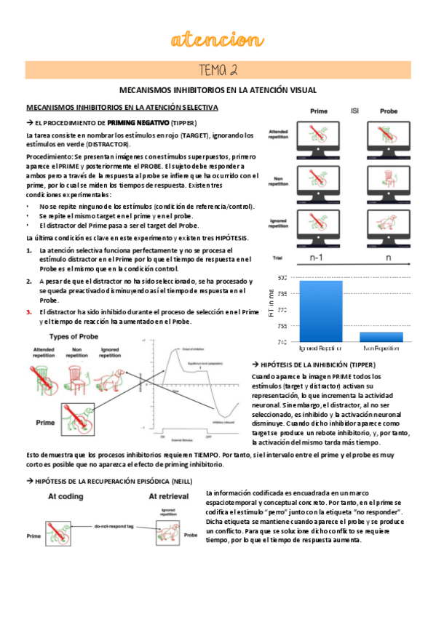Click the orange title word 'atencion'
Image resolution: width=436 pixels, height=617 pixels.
(x=218, y=39)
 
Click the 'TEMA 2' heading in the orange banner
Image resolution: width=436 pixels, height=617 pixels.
(x=218, y=70)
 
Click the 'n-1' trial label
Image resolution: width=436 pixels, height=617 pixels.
(x=317, y=257)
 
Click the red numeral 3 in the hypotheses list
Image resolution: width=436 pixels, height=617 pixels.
(x=29, y=311)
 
